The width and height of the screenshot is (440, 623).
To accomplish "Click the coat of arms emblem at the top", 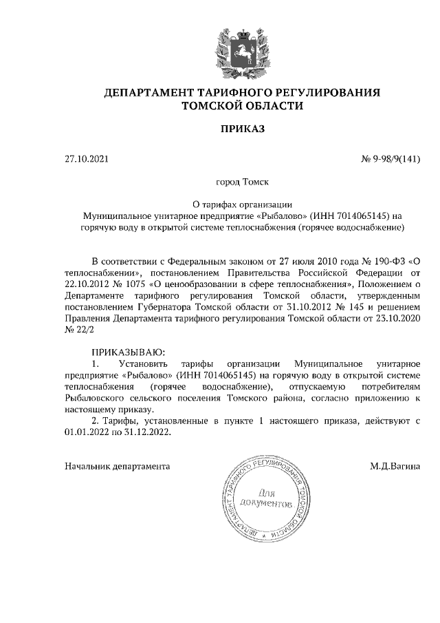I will (241, 50).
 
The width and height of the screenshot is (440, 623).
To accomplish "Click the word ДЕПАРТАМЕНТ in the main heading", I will (149, 92).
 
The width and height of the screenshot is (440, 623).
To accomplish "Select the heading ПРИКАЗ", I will (241, 129).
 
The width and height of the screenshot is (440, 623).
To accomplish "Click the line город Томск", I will (241, 182).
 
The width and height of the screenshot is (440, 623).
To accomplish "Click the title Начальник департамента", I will (117, 466).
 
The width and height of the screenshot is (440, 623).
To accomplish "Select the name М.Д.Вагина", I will (395, 466).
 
